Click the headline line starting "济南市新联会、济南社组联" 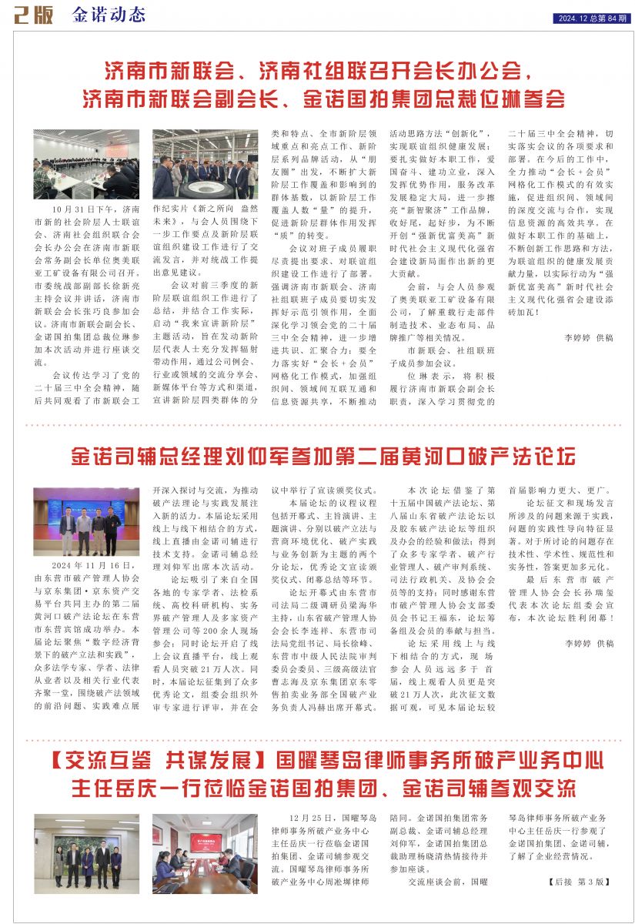(x=317, y=73)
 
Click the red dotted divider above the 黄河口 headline (x=317, y=424)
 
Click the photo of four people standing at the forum (x=86, y=521)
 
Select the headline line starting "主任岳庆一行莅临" (x=323, y=789)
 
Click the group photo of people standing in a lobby (x=86, y=843)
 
